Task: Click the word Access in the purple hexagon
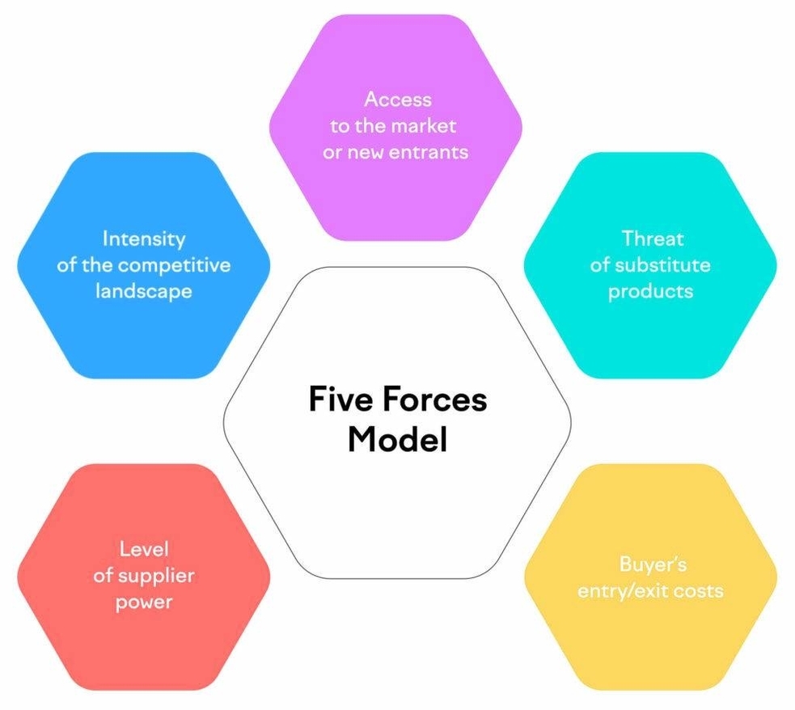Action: [397, 99]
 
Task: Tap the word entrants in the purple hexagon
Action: [430, 152]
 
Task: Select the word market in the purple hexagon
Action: [425, 126]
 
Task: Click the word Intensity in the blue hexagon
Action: [143, 239]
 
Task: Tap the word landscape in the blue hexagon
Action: [143, 291]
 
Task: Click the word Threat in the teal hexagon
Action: [652, 239]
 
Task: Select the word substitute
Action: [662, 264]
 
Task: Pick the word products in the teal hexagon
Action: [650, 291]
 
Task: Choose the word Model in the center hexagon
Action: [397, 441]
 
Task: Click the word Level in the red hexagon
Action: [143, 550]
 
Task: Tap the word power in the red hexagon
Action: [143, 603]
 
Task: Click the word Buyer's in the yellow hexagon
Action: [652, 564]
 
